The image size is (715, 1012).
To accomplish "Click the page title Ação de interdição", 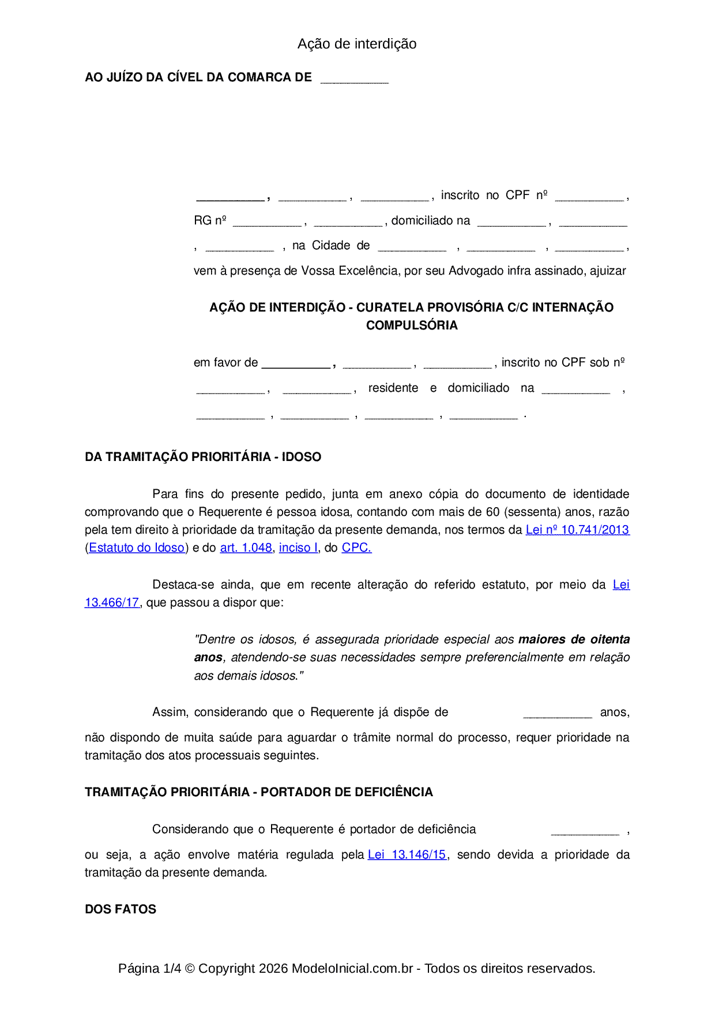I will [x=357, y=44].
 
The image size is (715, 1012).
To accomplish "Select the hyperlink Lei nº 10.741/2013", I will [x=577, y=530].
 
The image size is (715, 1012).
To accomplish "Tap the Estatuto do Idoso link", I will [x=137, y=548].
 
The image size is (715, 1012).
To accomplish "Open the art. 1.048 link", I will [x=246, y=548].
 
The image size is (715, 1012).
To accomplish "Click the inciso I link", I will [x=298, y=548].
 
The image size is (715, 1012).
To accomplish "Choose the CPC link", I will [x=356, y=548].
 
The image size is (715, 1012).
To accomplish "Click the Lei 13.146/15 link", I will [x=407, y=854].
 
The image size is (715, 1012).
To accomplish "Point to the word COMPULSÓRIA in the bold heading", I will [x=412, y=325].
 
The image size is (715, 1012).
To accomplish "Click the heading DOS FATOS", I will [x=121, y=909].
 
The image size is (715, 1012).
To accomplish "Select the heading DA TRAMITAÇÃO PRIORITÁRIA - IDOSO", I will [x=203, y=457].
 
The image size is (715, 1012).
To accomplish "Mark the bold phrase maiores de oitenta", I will [x=574, y=639].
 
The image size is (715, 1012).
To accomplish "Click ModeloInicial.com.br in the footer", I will [x=352, y=968].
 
